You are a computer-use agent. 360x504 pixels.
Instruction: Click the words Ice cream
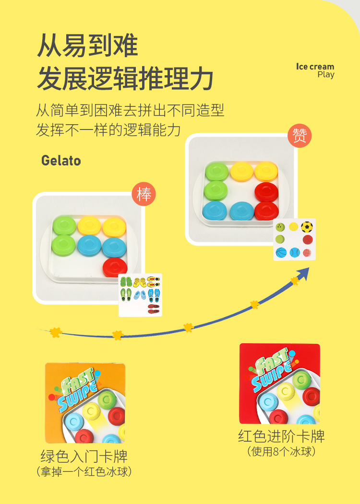[x=315, y=67]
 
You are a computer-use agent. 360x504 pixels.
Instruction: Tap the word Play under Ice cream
[x=326, y=75]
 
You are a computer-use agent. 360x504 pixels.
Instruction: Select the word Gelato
[x=61, y=160]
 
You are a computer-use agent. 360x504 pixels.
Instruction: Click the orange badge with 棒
[x=144, y=195]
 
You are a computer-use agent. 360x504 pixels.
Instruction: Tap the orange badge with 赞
[x=300, y=135]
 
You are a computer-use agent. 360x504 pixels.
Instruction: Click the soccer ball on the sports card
[x=307, y=227]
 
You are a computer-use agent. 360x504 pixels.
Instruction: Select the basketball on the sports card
[x=281, y=252]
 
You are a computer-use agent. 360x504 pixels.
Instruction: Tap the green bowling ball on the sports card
[x=280, y=227]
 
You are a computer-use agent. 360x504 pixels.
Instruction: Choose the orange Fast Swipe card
[x=85, y=403]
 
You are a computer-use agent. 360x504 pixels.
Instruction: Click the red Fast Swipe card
[x=279, y=384]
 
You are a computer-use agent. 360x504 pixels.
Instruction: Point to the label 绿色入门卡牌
[x=84, y=456]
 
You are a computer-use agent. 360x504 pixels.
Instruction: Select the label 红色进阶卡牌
[x=281, y=436]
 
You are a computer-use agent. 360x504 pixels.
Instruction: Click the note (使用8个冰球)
[x=281, y=452]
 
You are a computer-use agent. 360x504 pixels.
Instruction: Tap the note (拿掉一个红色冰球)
[x=84, y=471]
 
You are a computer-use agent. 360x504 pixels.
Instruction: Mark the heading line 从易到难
[x=87, y=46]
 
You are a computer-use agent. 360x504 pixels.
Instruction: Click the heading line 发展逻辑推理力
[x=125, y=79]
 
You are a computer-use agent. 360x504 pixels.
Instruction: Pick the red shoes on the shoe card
[x=154, y=308]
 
